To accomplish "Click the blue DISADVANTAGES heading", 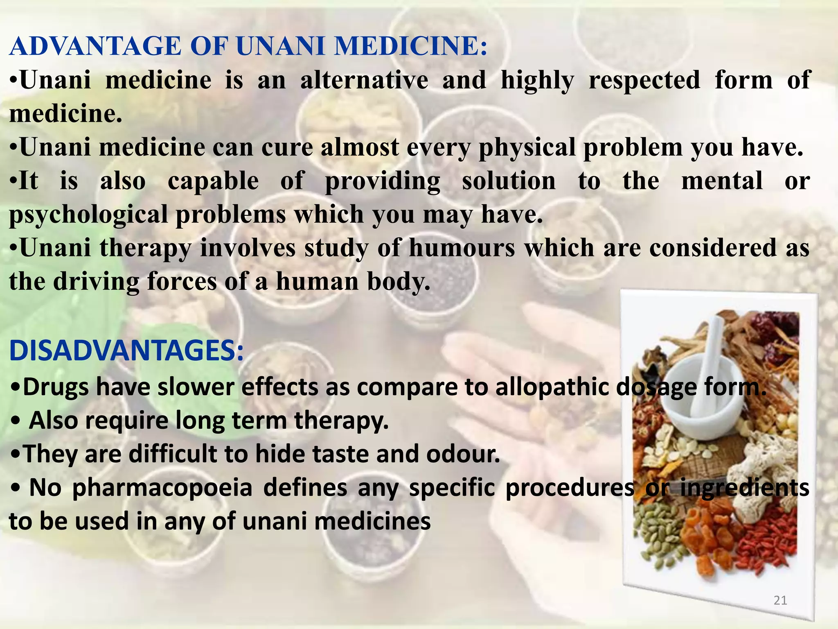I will coord(126,351).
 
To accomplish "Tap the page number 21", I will coord(780,600).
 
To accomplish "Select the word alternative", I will coord(364,80).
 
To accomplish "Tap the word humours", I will coord(462,248).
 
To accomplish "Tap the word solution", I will coord(509,181).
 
